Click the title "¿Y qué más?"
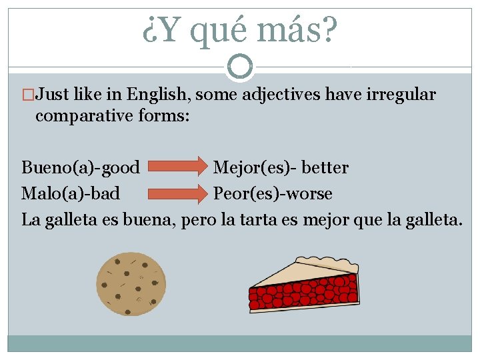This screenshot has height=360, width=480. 240,29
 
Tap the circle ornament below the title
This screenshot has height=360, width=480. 240,66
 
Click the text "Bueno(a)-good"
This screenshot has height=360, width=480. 81,167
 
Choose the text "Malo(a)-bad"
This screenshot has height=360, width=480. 71,193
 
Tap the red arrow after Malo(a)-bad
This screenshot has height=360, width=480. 177,193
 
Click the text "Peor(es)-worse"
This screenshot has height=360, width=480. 273,193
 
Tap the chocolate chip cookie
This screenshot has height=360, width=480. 131,284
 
